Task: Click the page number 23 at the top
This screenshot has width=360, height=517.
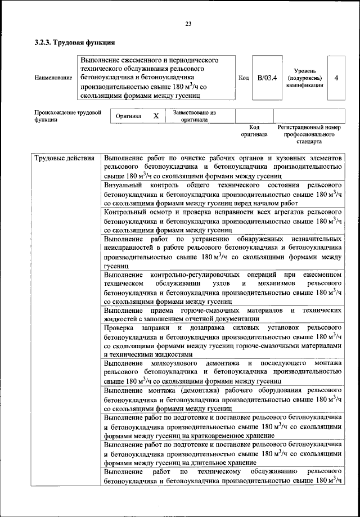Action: pos(188,23)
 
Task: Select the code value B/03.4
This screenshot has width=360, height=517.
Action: pos(267,78)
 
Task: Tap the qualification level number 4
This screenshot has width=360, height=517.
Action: pos(336,78)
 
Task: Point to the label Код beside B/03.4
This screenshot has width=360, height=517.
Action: pos(244,78)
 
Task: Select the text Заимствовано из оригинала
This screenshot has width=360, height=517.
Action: pos(194,116)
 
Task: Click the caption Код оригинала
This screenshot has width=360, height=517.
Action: pos(254,131)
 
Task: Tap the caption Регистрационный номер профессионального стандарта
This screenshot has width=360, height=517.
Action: pos(309,135)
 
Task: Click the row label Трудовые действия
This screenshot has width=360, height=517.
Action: pos(64,158)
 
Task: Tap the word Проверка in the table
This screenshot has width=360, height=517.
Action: pos(119,327)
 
